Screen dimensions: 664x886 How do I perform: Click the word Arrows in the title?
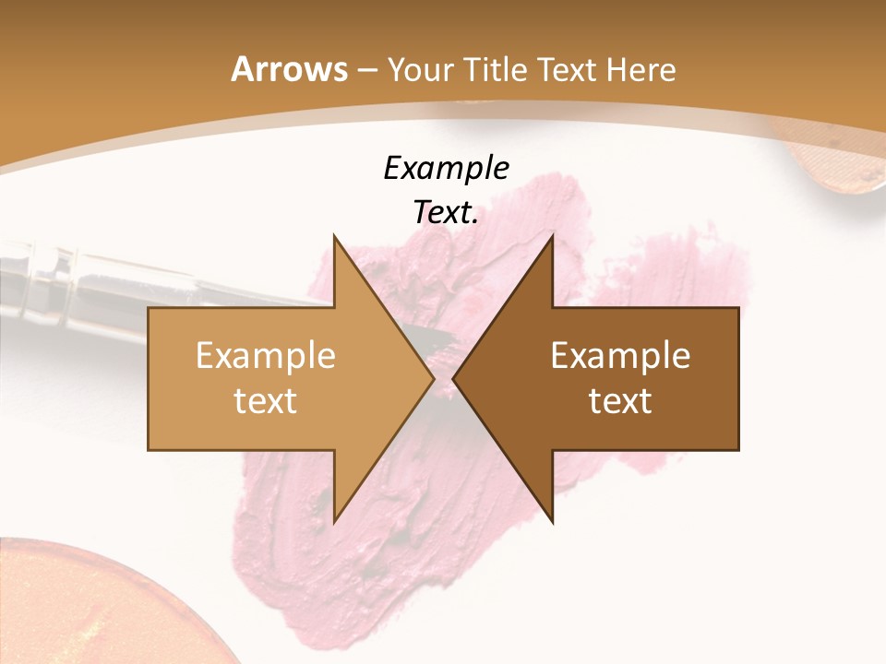click(288, 69)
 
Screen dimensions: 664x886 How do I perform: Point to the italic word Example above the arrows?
click(446, 168)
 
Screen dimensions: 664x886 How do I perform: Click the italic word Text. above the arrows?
click(446, 212)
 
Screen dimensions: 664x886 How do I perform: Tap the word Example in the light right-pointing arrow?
click(266, 356)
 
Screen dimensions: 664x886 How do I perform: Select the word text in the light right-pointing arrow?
click(266, 400)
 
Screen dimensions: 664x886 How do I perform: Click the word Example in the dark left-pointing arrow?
click(620, 356)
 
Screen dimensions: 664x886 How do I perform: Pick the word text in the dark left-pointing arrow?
click(620, 400)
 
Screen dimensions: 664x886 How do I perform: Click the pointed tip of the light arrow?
click(434, 379)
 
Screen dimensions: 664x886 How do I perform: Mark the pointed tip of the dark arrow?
click(454, 379)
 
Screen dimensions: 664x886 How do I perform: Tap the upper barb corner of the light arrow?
click(334, 236)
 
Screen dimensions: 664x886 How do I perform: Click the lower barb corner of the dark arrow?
click(552, 522)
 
